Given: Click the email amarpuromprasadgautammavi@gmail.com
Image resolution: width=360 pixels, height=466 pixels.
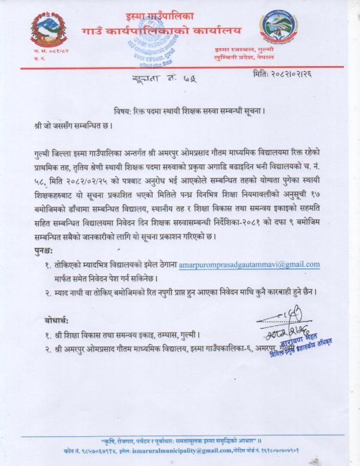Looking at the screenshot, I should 249,264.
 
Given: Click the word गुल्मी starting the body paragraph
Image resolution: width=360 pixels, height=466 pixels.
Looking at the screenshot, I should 41,153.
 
